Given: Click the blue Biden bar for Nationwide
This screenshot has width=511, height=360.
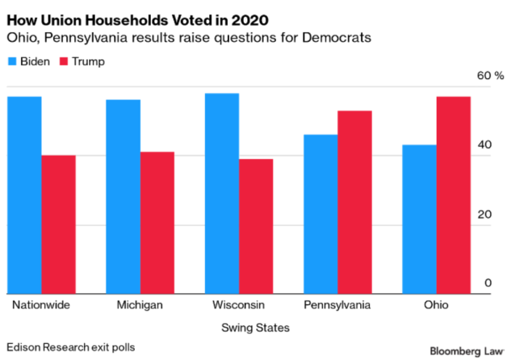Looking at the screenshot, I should click(25, 195).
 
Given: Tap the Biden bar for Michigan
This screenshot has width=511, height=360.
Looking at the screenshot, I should click(124, 197).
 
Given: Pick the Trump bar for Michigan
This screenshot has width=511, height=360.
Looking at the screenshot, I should click(157, 223).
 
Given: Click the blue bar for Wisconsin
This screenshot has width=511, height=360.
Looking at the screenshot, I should click(223, 194).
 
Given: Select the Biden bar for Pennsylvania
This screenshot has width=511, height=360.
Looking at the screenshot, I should click(321, 214).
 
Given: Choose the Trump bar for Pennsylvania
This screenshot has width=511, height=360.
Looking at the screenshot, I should click(354, 203).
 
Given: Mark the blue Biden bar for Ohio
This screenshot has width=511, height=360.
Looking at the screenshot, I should click(420, 220).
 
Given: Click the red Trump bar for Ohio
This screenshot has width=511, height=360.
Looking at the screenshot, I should click(453, 195).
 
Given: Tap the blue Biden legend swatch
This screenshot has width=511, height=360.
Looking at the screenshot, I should click(12, 61).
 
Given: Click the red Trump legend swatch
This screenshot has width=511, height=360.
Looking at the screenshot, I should click(65, 61).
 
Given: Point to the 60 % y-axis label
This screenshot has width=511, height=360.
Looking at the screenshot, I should click(490, 76).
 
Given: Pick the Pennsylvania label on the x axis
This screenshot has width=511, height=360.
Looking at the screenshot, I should click(337, 305).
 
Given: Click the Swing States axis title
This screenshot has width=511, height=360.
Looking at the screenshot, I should click(255, 327).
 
